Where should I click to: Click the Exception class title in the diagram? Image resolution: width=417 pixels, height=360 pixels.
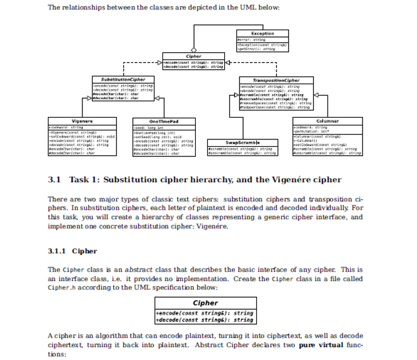coord(262,33)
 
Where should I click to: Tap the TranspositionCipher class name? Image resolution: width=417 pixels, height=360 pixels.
coord(276,80)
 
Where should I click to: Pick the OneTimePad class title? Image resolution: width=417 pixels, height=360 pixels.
coord(163,122)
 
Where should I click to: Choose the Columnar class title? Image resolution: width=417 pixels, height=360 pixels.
coord(327,122)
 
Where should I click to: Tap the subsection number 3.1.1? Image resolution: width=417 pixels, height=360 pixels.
coord(57,250)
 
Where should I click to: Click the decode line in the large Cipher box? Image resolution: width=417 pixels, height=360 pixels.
coord(205,319)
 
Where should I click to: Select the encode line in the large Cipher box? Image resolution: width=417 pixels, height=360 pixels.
coord(205,313)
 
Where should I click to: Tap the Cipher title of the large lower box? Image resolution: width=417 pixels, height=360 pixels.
coord(205,303)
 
